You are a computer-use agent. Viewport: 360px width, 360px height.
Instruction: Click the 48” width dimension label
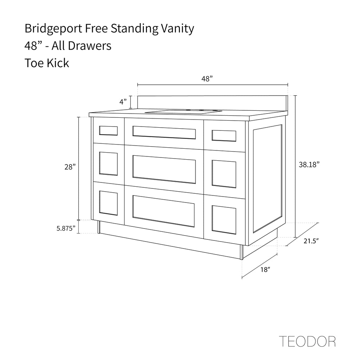[x=207, y=79]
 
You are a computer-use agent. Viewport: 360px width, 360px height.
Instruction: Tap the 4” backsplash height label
[x=123, y=102]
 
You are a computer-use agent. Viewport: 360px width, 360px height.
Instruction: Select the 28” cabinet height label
[x=70, y=167]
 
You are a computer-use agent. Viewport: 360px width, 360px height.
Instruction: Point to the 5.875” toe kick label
[x=66, y=229]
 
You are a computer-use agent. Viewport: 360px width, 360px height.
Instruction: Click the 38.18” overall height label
[x=309, y=164]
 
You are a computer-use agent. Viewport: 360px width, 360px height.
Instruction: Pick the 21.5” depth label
[x=310, y=241]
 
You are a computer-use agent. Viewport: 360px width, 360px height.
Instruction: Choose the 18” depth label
[x=265, y=270]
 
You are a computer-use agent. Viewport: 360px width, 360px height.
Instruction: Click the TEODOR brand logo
[x=307, y=341]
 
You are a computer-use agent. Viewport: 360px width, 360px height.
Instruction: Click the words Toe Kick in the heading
[x=47, y=63]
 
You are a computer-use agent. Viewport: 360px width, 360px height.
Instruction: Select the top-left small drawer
[x=108, y=130]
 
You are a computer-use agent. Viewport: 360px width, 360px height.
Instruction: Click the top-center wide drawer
[x=164, y=133]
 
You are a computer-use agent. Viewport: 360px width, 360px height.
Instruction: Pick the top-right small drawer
[x=224, y=136]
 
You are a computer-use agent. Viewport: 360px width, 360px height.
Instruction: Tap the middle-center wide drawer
[x=164, y=169]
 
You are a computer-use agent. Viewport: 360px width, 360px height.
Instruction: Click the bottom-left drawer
[x=108, y=203]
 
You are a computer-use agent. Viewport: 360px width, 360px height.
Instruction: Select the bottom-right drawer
[x=224, y=220]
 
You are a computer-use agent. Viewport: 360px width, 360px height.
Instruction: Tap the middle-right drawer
[x=224, y=174]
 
